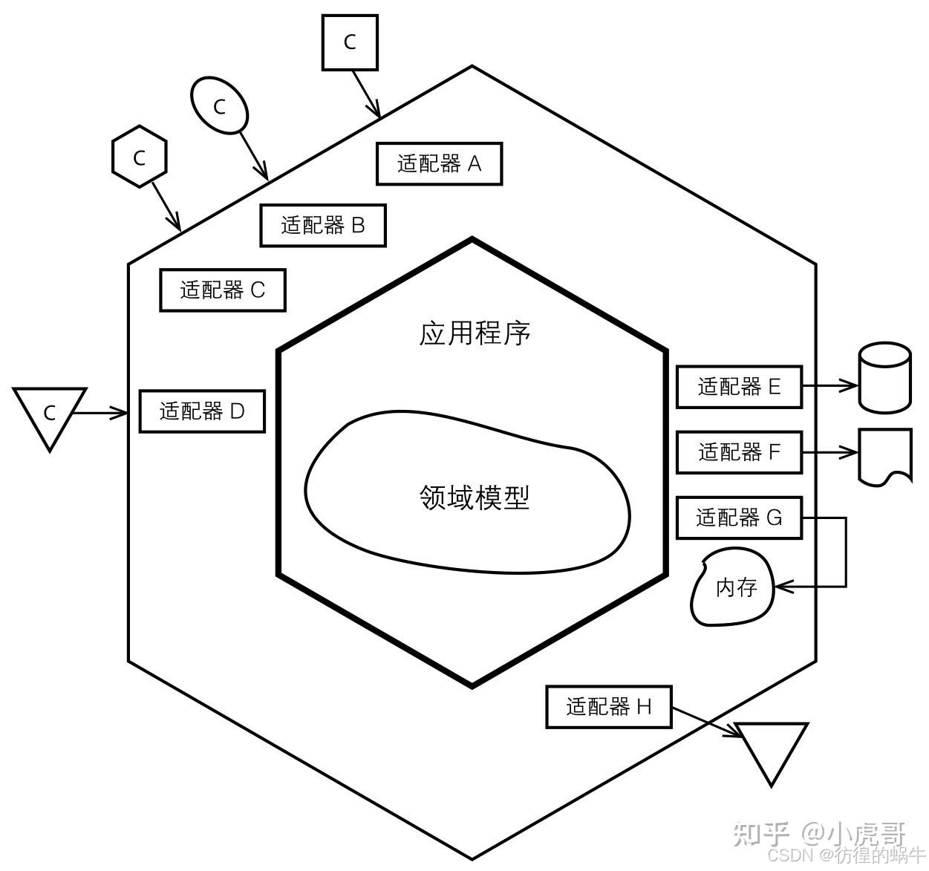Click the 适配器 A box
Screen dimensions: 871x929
click(439, 163)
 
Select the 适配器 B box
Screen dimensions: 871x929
click(322, 225)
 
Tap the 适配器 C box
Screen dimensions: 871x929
click(222, 290)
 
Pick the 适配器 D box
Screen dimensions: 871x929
click(202, 411)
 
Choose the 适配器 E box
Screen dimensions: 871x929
click(739, 386)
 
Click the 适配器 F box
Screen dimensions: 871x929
click(739, 451)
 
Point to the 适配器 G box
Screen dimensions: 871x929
click(739, 517)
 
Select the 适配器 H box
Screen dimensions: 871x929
click(608, 707)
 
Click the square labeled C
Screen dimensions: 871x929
click(350, 42)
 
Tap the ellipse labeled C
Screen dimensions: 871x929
click(219, 106)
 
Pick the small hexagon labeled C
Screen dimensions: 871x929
click(139, 157)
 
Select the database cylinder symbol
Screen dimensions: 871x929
click(884, 377)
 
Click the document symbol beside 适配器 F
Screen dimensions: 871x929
click(884, 455)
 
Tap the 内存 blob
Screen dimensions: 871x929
click(733, 587)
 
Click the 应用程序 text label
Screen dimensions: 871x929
click(475, 333)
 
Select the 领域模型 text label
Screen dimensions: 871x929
click(475, 497)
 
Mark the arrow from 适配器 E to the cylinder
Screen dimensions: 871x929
click(829, 385)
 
